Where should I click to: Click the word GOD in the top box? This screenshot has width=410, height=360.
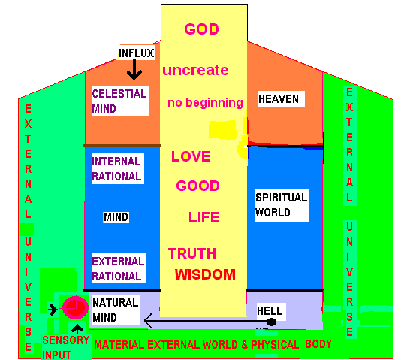pyautogui.click(x=201, y=29)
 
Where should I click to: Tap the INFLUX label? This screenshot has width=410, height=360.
pyautogui.click(x=136, y=53)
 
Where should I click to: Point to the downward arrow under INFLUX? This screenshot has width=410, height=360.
pyautogui.click(x=134, y=69)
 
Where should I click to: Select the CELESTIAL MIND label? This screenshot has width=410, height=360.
pyautogui.click(x=120, y=101)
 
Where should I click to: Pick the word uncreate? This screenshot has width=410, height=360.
pyautogui.click(x=195, y=70)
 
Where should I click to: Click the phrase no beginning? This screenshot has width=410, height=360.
pyautogui.click(x=205, y=102)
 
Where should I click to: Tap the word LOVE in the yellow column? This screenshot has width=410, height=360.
pyautogui.click(x=191, y=156)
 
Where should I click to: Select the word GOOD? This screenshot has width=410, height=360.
pyautogui.click(x=198, y=186)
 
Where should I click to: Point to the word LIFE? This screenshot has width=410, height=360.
pyautogui.click(x=204, y=217)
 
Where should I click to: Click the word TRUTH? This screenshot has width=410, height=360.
pyautogui.click(x=192, y=253)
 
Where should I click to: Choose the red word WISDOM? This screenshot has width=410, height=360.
pyautogui.click(x=205, y=274)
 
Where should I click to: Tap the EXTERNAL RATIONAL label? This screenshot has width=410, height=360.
pyautogui.click(x=119, y=268)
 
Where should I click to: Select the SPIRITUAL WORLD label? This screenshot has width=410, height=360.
pyautogui.click(x=282, y=205)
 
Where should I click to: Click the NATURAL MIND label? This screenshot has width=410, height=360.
pyautogui.click(x=116, y=310)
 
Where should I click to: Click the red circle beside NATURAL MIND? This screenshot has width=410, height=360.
pyautogui.click(x=75, y=307)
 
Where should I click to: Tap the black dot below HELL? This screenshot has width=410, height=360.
pyautogui.click(x=271, y=322)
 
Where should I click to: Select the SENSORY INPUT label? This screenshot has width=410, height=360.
pyautogui.click(x=66, y=347)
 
